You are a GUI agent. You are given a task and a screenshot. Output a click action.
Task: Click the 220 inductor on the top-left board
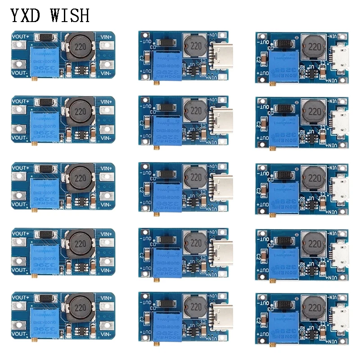(80, 46)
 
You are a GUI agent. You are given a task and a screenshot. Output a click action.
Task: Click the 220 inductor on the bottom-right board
(312, 308)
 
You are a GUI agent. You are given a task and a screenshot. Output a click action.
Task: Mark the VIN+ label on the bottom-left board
(106, 297)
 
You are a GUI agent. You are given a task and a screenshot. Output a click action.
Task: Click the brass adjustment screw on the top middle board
(155, 83)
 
